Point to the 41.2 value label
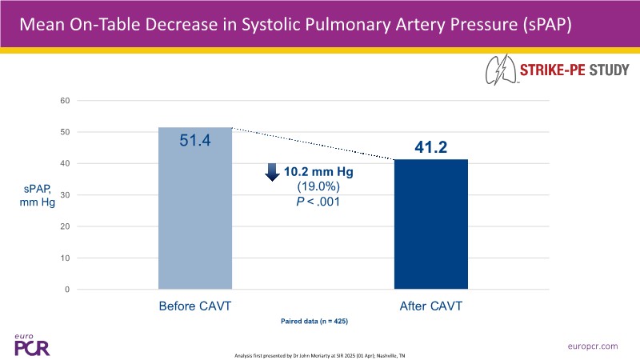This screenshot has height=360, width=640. pyautogui.click(x=431, y=146)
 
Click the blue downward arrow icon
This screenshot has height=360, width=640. pyautogui.click(x=273, y=172)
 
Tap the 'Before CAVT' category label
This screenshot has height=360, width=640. pyautogui.click(x=195, y=306)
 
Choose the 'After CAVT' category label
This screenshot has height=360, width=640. pyautogui.click(x=431, y=306)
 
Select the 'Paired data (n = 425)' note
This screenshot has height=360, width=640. pyautogui.click(x=314, y=321)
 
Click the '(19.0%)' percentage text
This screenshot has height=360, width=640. pyautogui.click(x=318, y=186)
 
